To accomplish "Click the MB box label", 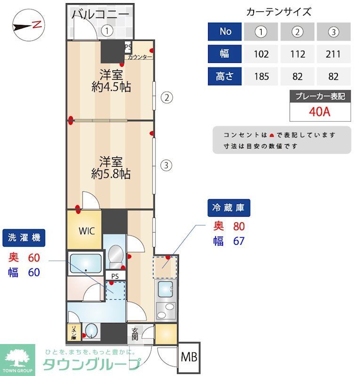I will pos(189,359).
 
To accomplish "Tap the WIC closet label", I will pos(87,231).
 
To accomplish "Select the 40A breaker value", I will pos(320,113).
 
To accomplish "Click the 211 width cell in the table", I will pos(333,54).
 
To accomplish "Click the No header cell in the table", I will pos(225,31).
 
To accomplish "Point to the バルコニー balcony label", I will pos(100,14).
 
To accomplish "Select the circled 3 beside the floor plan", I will pos(166,165).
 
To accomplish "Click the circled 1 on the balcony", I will pos(108,31).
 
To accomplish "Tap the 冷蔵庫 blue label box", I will pos(229,207).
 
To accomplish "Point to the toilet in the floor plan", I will pos(115,256).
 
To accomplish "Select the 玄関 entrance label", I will pos(135,333).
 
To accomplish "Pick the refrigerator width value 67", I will pos(239,241).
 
